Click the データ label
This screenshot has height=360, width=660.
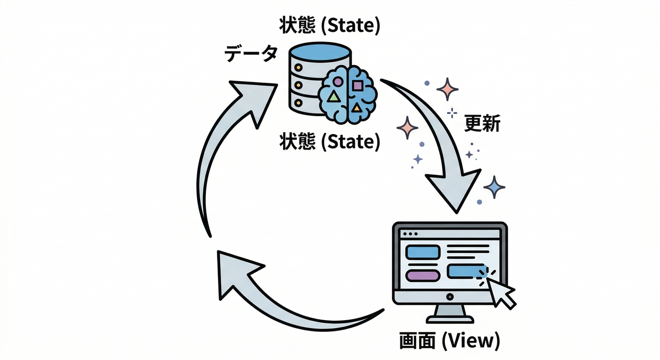click(x=251, y=54)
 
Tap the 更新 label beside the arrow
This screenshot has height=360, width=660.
click(x=482, y=124)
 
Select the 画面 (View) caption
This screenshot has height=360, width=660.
click(x=449, y=341)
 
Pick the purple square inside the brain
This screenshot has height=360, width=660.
click(x=357, y=86)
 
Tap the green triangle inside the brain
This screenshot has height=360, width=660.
click(x=333, y=97)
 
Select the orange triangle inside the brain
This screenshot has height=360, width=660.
click(x=357, y=108)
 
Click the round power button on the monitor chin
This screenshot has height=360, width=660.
click(x=450, y=297)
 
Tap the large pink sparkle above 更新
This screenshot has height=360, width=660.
click(x=447, y=89)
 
